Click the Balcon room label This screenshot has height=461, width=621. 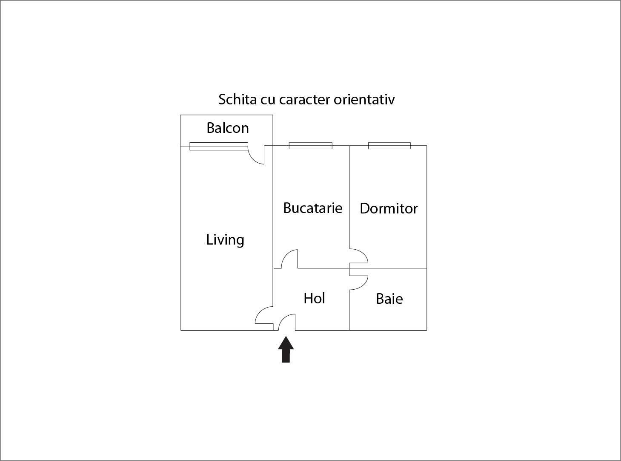tap(227, 128)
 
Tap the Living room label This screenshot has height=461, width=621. tap(225, 239)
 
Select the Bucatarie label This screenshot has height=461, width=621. tap(312, 208)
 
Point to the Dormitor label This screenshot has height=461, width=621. tap(389, 208)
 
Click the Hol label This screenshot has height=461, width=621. tap(314, 298)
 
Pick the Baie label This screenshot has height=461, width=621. tap(389, 299)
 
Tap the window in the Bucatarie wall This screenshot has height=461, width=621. tap(310, 146)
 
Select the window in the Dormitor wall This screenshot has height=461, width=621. tap(389, 146)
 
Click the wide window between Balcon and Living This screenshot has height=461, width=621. tap(218, 146)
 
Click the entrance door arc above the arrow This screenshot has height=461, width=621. tap(287, 321)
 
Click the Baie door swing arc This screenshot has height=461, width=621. tap(360, 282)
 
